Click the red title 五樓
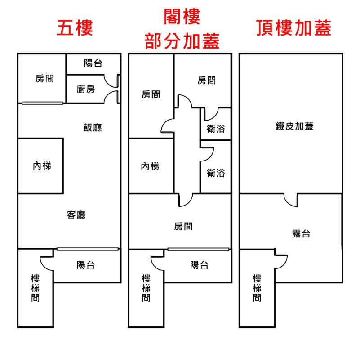(x=75, y=28)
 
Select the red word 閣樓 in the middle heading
(x=182, y=17)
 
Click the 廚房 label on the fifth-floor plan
(x=86, y=89)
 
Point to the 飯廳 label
(x=93, y=127)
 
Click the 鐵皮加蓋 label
(x=294, y=126)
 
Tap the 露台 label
(x=301, y=234)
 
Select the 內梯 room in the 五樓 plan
(x=42, y=165)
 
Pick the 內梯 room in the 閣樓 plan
(x=150, y=166)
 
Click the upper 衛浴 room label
(x=216, y=129)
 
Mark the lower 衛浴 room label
(x=216, y=173)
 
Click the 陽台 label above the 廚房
(x=93, y=63)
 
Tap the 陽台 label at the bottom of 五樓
(x=85, y=265)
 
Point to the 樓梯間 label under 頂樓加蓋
(x=257, y=288)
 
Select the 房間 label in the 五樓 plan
(x=44, y=78)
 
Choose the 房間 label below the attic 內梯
(x=183, y=226)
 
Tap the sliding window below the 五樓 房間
(x=42, y=103)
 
